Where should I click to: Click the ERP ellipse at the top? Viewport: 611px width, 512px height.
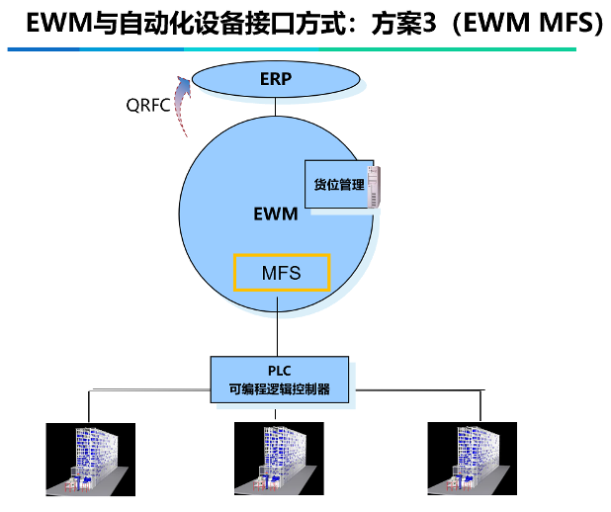[x=276, y=79]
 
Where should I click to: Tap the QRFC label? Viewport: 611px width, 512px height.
[x=147, y=105]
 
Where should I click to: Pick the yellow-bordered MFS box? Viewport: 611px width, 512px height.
[x=281, y=272]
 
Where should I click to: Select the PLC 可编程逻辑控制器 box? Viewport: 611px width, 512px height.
[x=281, y=381]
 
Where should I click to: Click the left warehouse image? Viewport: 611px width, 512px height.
[x=87, y=458]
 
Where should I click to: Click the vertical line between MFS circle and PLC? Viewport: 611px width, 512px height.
[x=280, y=331]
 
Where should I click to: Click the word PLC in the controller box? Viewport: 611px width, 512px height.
[x=280, y=371]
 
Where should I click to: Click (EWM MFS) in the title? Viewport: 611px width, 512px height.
[x=525, y=22]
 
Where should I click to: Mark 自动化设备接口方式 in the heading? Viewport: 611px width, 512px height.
[x=213, y=22]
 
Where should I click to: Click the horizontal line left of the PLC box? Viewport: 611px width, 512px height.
[x=148, y=390]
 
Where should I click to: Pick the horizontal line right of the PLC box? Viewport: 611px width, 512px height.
[x=415, y=390]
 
